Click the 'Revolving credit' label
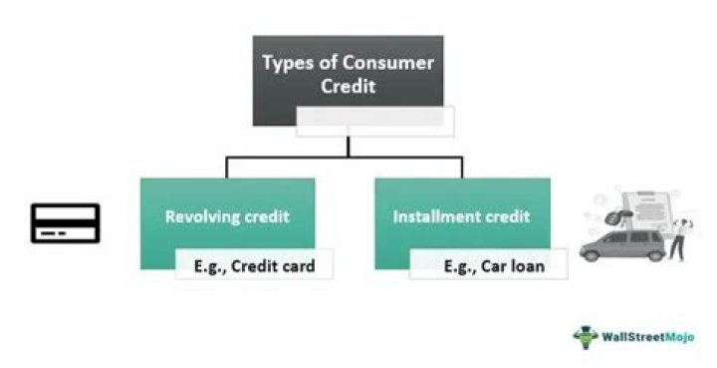[x=227, y=215]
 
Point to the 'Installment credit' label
[x=461, y=215]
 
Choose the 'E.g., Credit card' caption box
[x=253, y=265]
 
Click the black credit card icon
[x=64, y=223]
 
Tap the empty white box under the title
[x=376, y=122]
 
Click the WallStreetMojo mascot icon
[x=584, y=335]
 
